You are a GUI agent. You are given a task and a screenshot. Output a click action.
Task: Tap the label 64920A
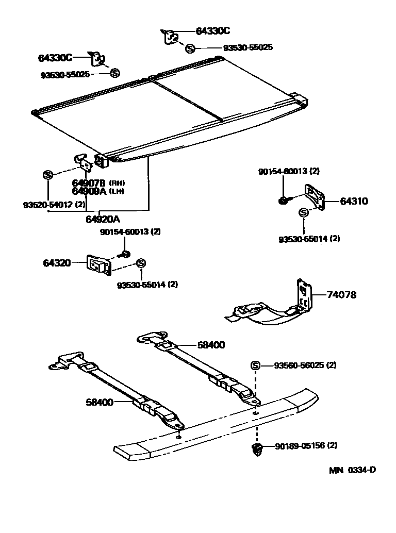tap(103, 219)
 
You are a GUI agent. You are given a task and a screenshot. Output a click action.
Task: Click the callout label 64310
tap(354, 201)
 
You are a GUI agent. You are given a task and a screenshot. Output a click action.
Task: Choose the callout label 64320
tap(57, 263)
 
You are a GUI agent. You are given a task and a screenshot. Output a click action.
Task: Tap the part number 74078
tap(341, 295)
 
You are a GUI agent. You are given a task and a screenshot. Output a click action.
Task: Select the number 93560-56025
tap(299, 365)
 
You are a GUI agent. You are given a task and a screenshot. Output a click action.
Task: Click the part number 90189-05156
tap(299, 445)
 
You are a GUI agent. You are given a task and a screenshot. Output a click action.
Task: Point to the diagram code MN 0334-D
tap(353, 470)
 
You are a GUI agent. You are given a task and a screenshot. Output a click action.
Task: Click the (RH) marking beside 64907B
tap(117, 183)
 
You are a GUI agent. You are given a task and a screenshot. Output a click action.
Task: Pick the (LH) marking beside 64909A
tap(117, 192)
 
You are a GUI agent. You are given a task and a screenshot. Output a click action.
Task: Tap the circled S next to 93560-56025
tap(255, 365)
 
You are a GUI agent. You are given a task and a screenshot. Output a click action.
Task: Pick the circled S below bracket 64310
tap(303, 212)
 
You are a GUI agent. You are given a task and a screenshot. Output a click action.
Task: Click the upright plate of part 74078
tap(304, 296)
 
